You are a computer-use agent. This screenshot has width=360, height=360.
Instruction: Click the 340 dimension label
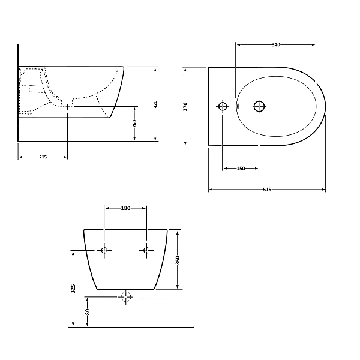276,44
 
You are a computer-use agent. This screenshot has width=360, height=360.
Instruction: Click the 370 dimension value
185,107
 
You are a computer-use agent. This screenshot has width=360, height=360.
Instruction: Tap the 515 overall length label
267,190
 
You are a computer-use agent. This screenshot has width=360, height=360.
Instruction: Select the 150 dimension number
241,169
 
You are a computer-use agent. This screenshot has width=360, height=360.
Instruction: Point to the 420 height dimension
155,104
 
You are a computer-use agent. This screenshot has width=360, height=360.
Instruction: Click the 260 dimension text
134,124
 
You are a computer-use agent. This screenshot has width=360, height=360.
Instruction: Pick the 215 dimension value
43,157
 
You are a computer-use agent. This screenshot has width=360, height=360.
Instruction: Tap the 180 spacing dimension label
125,208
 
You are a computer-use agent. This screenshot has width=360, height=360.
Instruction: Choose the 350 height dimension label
178,260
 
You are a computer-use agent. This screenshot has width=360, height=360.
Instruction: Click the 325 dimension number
73,289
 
